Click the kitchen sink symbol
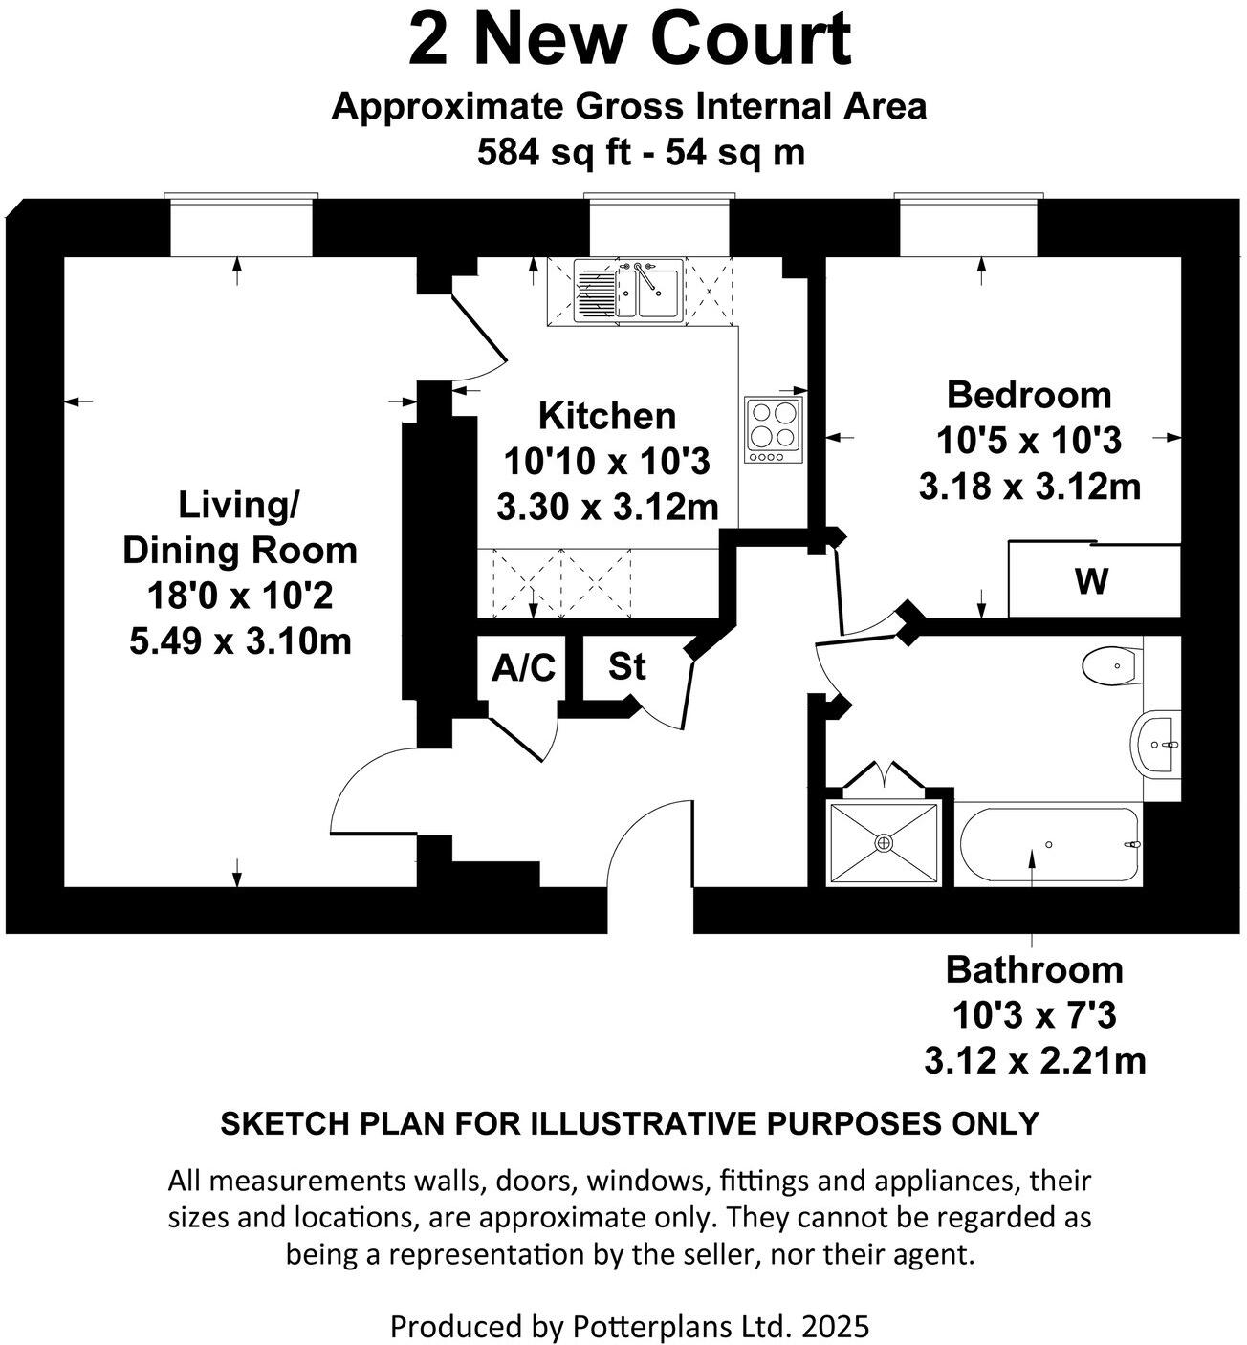pos(627,291)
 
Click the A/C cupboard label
pos(522,668)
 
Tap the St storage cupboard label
pos(627,666)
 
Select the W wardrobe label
pos(1091,580)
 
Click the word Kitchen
pos(606,416)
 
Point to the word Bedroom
pos(1029,394)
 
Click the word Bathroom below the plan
pos(1034,969)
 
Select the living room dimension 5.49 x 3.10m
pos(240,640)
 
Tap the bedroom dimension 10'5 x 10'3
pos(1029,441)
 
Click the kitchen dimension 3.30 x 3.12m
pos(606,507)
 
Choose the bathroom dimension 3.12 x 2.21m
pos(1034,1060)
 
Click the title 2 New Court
pos(629,40)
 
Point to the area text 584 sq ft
pos(553,152)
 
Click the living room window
pos(240,228)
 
